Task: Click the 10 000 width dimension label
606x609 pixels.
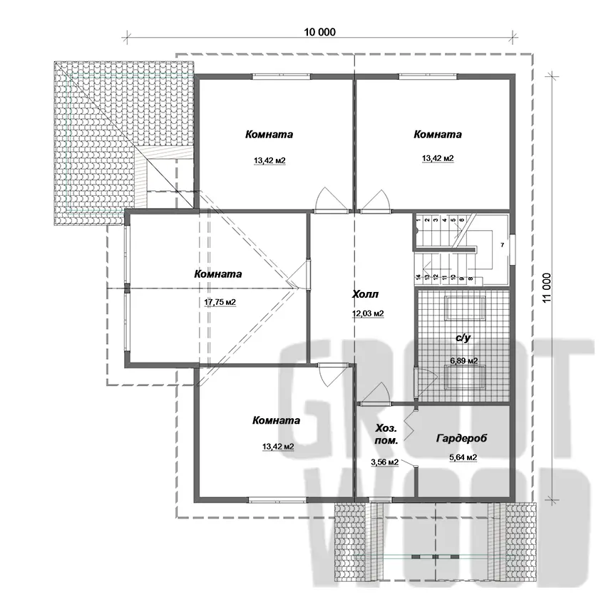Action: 319,32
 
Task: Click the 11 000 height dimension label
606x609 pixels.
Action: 547,288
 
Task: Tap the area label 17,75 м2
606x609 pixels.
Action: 220,302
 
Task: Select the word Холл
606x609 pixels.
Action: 365,294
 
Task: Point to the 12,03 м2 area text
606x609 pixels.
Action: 368,313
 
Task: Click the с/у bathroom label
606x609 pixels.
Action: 463,338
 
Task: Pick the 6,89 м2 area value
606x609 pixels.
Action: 464,361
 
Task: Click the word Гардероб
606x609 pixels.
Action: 461,438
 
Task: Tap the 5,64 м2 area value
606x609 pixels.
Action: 463,457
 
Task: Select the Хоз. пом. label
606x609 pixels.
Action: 386,434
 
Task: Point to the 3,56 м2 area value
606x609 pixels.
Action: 385,462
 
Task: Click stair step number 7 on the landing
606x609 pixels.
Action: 502,245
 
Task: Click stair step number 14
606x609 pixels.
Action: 418,277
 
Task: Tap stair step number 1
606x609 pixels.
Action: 418,220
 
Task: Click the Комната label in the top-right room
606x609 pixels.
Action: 438,135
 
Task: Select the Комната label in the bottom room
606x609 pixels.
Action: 277,420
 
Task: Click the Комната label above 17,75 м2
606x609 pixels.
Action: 218,274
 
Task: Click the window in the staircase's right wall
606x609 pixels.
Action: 513,250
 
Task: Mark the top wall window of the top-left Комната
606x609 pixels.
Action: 282,76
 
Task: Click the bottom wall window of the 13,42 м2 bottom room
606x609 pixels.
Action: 277,500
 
